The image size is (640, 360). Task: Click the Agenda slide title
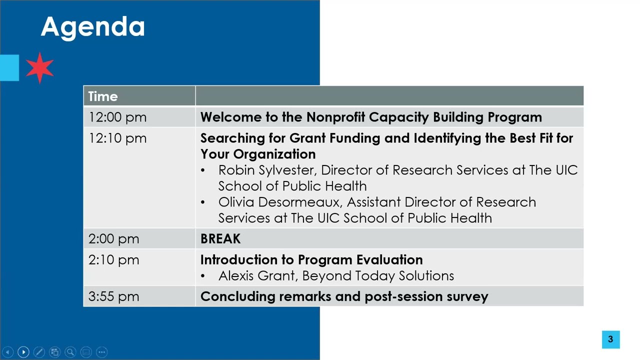click(x=92, y=27)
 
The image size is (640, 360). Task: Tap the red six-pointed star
click(x=39, y=67)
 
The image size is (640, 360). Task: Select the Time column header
click(x=103, y=96)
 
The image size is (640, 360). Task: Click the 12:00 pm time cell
click(x=117, y=117)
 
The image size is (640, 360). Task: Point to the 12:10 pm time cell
click(x=117, y=138)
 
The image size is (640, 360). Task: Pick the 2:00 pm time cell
click(x=113, y=239)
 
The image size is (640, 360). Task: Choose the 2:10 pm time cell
click(x=113, y=260)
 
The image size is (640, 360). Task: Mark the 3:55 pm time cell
click(x=113, y=296)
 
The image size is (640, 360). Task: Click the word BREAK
click(x=220, y=239)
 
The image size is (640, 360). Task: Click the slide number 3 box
click(x=610, y=339)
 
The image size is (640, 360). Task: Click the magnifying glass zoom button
click(x=70, y=352)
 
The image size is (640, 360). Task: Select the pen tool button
click(x=39, y=352)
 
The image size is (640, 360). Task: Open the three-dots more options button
click(x=101, y=352)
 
